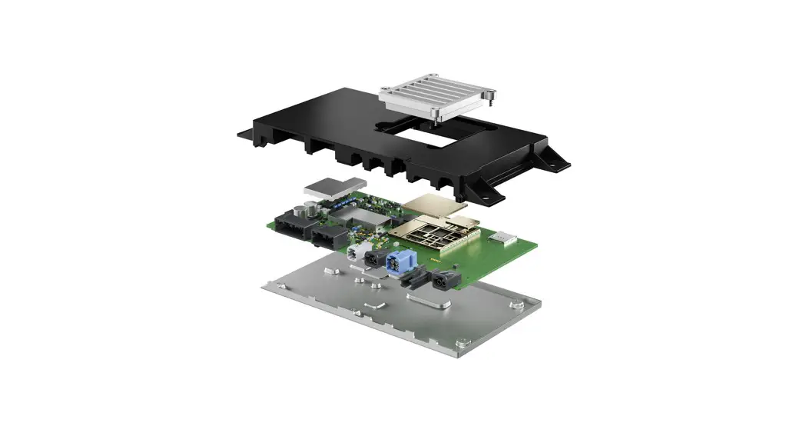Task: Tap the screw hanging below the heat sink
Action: pyautogui.click(x=436, y=117)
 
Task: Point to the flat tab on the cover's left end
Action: pyautogui.click(x=245, y=136)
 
